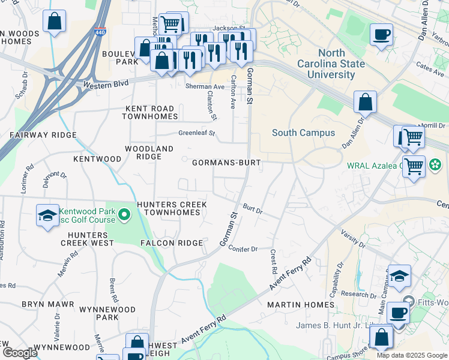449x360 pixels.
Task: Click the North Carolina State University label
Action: [x=330, y=64]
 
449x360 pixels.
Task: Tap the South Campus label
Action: [x=303, y=133]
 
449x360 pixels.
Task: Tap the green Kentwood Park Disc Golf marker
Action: [x=124, y=214]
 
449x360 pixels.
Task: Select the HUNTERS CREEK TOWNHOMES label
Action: [x=172, y=209]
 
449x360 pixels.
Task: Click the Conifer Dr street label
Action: [x=243, y=248]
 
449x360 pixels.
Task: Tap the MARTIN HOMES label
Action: [x=300, y=305]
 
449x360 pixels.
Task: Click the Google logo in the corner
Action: [x=19, y=353]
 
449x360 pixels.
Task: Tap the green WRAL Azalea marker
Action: [x=436, y=164]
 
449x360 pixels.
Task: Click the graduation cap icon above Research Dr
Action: [x=399, y=275]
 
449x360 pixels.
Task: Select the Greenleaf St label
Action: [x=196, y=133]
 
